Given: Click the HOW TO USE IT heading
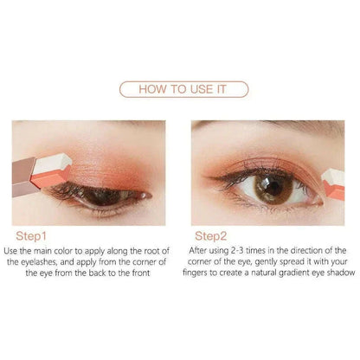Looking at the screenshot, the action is tap(183, 89).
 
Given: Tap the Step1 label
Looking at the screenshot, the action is tap(31, 236).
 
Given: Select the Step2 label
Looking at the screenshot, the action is tap(210, 236).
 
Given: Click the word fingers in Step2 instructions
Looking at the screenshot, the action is tap(196, 273).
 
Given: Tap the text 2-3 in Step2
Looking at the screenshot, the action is tap(237, 250).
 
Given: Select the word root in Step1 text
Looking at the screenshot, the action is tap(151, 251).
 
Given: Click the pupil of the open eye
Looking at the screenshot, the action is tap(272, 189).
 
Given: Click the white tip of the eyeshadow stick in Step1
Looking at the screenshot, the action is tap(52, 164).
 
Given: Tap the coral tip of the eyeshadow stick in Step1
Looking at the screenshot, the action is tap(49, 178).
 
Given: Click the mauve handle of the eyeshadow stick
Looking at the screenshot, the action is tap(23, 177).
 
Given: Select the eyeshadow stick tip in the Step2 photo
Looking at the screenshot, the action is tap(333, 183).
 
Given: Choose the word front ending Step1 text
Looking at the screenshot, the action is tap(141, 273).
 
